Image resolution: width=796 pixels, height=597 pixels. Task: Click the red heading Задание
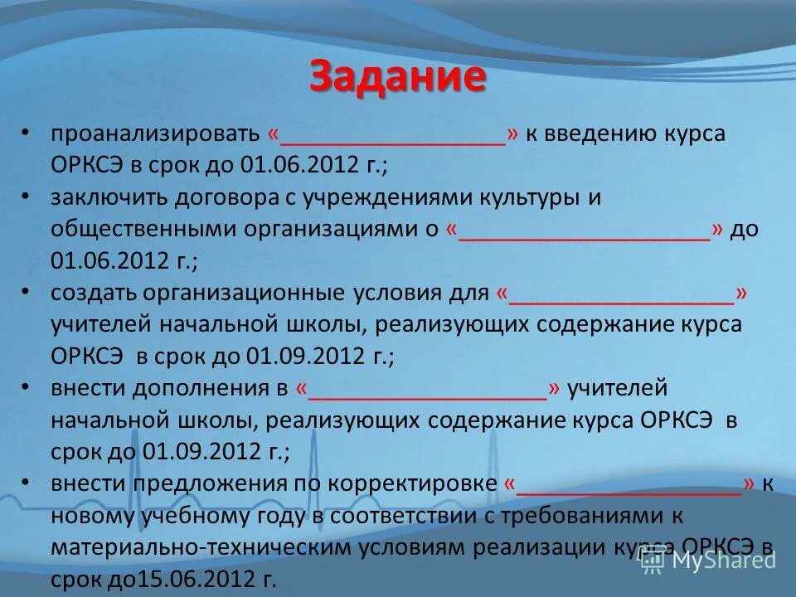pyautogui.click(x=397, y=77)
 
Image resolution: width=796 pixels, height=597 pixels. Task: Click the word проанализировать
pyautogui.click(x=155, y=135)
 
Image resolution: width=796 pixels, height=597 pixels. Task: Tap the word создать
pyautogui.click(x=92, y=293)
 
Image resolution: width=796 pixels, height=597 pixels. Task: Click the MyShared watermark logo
pyautogui.click(x=710, y=560)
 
